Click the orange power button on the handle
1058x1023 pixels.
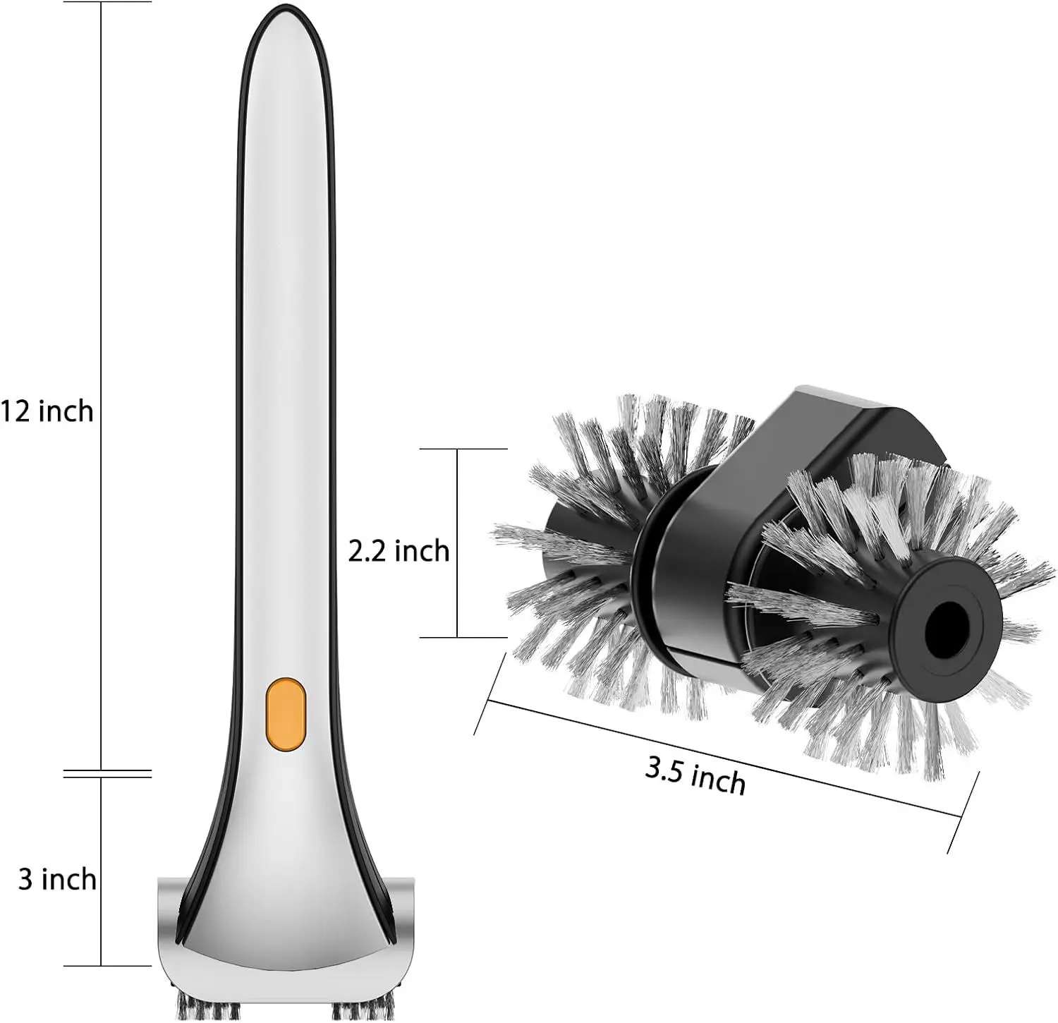click(286, 713)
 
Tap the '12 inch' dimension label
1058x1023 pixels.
click(47, 411)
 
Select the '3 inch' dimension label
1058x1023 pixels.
click(57, 879)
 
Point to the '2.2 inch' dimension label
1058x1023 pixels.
click(399, 550)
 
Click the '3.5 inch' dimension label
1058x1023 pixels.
click(695, 776)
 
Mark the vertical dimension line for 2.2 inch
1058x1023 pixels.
click(457, 543)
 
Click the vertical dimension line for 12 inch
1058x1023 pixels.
click(101, 386)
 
